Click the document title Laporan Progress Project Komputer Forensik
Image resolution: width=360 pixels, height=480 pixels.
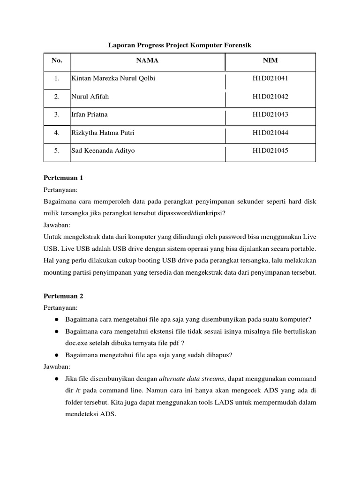click(180, 45)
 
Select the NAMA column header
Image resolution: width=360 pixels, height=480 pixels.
click(147, 60)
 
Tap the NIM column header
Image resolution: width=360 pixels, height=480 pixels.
click(270, 60)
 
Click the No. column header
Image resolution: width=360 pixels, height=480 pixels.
click(57, 60)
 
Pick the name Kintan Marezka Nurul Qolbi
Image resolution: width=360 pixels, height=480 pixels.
click(112, 78)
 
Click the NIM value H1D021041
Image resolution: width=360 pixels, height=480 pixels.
click(270, 78)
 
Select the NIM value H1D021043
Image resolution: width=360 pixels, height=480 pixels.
click(270, 114)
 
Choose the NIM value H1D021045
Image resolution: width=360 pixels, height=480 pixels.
click(270, 150)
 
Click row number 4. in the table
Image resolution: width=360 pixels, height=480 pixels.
click(57, 133)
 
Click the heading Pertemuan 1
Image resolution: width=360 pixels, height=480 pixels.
click(63, 178)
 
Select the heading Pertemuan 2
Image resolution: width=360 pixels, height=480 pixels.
click(63, 296)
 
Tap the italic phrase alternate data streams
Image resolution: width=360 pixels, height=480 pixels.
click(191, 378)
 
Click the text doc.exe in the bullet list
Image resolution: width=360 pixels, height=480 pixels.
click(80, 343)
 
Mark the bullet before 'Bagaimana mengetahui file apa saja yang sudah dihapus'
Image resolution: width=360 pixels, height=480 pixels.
click(56, 355)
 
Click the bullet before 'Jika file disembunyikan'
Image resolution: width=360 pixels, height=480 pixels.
click(56, 378)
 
